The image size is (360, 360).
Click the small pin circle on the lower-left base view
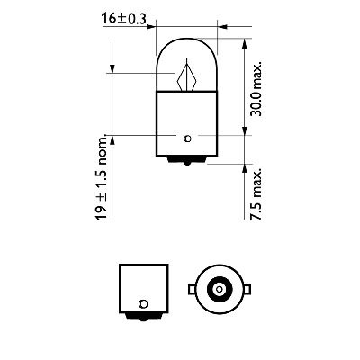point(141,301)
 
